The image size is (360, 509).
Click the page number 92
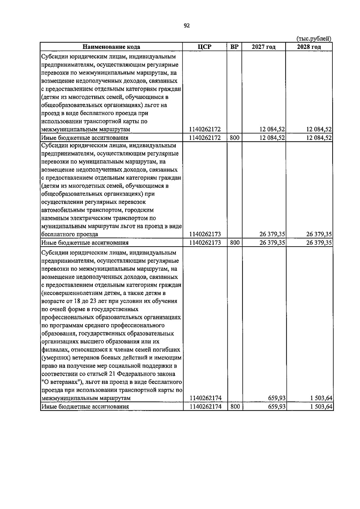[x=187, y=26]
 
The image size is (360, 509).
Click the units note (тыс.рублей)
[x=313, y=39]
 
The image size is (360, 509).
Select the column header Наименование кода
[x=111, y=47]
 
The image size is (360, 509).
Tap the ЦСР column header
[x=205, y=47]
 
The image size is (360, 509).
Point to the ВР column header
[x=234, y=47]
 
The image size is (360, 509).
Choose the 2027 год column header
[x=264, y=47]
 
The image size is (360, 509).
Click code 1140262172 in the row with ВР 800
[x=205, y=138]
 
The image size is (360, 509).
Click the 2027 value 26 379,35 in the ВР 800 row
[x=272, y=243]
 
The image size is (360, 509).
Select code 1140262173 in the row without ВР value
[x=205, y=234]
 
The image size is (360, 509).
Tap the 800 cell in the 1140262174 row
[x=235, y=406]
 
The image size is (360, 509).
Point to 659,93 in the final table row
[x=276, y=406]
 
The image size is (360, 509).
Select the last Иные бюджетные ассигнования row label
[x=85, y=407]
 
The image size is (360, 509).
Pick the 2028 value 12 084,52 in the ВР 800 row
[x=319, y=138]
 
